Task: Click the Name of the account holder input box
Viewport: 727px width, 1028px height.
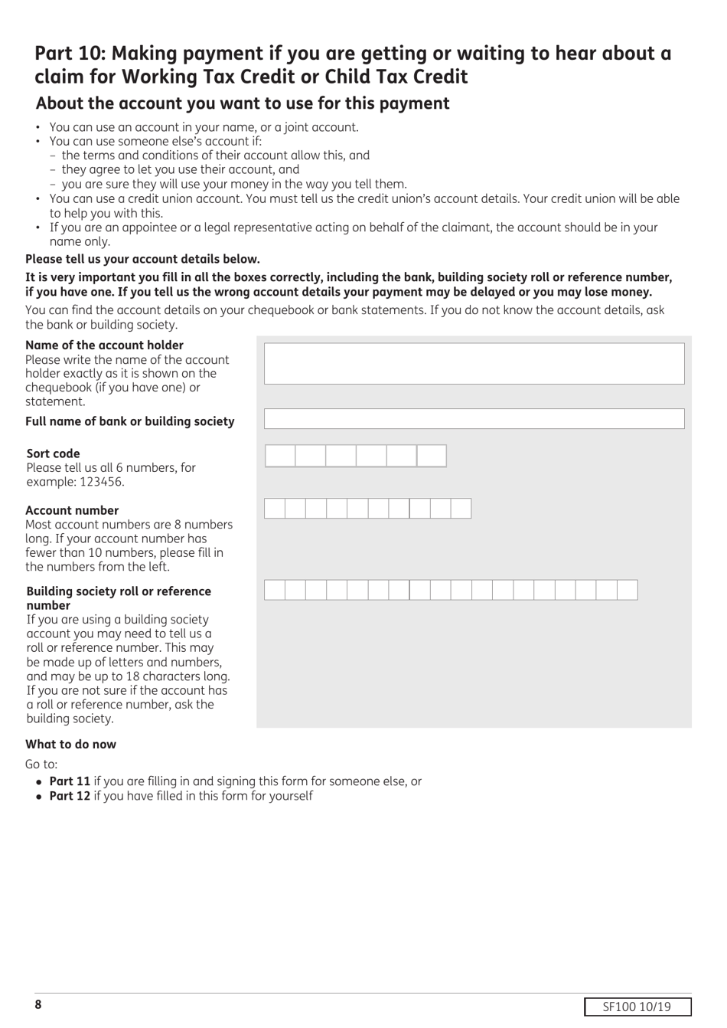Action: click(474, 363)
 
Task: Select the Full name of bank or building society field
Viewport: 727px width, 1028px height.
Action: click(474, 418)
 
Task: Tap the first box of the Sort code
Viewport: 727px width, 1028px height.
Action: click(280, 456)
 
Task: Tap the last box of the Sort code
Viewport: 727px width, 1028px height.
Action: click(432, 456)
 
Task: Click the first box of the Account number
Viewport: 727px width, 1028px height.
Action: click(275, 509)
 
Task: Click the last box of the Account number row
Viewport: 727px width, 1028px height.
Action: click(461, 509)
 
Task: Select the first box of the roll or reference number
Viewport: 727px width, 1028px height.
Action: click(275, 590)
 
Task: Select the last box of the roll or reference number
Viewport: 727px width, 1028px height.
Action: click(627, 590)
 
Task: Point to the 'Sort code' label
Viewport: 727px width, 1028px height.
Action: click(53, 453)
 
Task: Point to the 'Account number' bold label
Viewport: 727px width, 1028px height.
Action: click(72, 510)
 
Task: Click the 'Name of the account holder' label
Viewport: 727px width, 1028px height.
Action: click(104, 345)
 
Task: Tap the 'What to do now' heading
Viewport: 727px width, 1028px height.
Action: click(70, 744)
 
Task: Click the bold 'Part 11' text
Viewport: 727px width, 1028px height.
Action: click(70, 781)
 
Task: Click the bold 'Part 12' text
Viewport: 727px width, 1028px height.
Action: click(70, 796)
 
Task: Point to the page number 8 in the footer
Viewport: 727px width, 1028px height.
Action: click(37, 1005)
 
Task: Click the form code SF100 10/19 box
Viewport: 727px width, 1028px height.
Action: click(637, 1007)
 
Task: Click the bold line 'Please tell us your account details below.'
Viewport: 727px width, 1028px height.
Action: click(142, 259)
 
